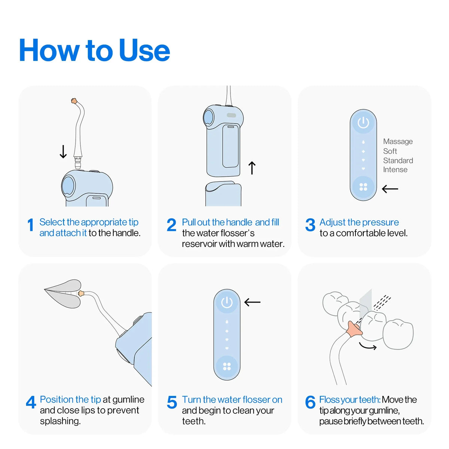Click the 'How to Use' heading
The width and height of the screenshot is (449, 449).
(x=94, y=51)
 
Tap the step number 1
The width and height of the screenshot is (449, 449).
(x=31, y=226)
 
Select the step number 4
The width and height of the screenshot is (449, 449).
(x=31, y=403)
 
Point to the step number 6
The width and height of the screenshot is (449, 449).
(x=310, y=403)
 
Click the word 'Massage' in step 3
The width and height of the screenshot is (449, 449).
(x=398, y=141)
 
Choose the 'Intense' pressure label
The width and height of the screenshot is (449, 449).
(x=395, y=169)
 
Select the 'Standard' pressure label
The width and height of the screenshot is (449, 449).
(x=398, y=161)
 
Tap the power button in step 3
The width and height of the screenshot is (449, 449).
(x=363, y=123)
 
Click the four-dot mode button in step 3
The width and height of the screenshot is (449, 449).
(x=363, y=187)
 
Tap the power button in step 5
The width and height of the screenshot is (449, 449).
(x=227, y=302)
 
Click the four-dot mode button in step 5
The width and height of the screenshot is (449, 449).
(x=227, y=367)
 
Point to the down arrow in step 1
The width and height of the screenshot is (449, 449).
(x=63, y=152)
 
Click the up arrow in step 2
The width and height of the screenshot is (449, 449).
(x=252, y=168)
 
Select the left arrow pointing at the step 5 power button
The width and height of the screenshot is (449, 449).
(x=252, y=302)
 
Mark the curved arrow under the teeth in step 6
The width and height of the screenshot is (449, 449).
(x=367, y=346)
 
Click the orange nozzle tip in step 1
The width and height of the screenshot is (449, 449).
(x=74, y=101)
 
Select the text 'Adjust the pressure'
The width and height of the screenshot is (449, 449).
(x=359, y=222)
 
